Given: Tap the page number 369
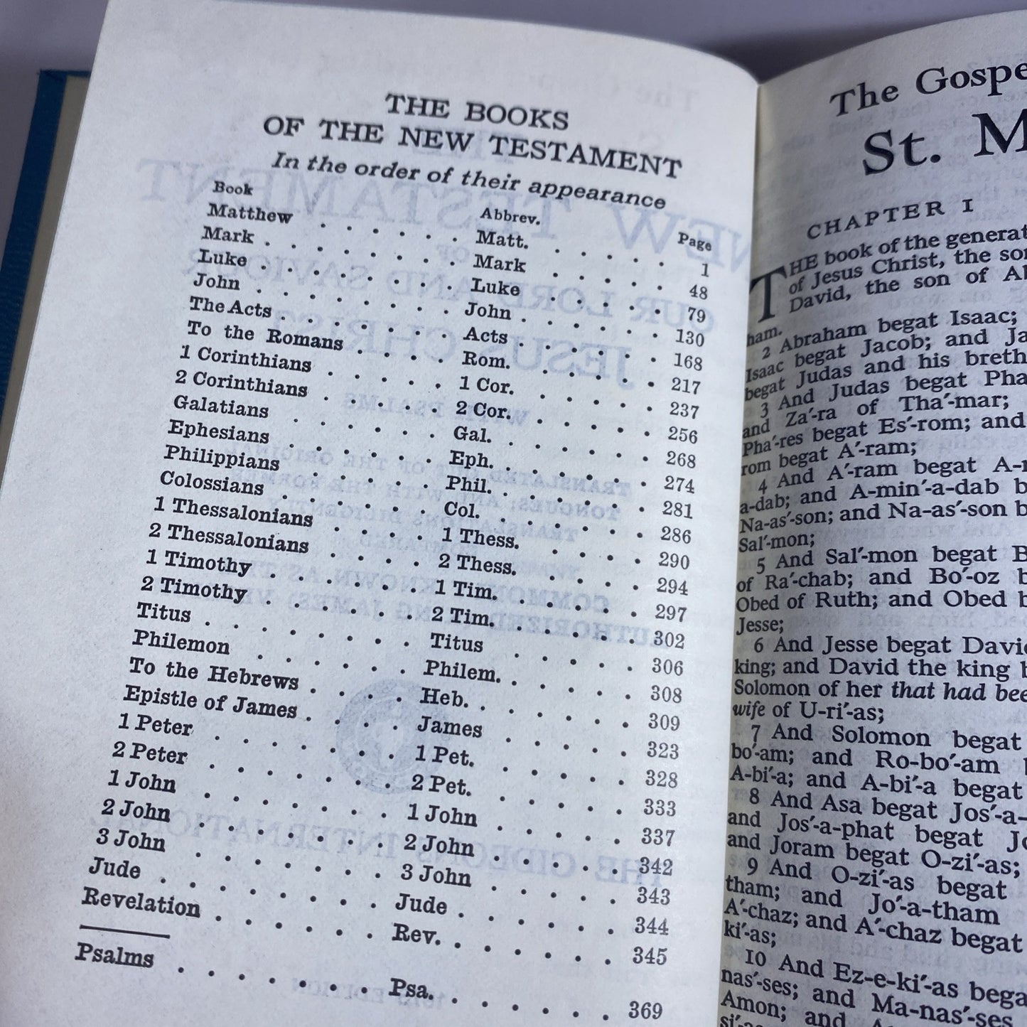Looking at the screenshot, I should [645, 1010].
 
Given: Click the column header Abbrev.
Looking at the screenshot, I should [510, 215].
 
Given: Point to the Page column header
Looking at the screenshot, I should [694, 242].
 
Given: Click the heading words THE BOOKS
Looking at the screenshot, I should [476, 112].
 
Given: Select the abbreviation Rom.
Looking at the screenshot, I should [486, 360].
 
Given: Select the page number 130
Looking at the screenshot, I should [687, 338].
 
